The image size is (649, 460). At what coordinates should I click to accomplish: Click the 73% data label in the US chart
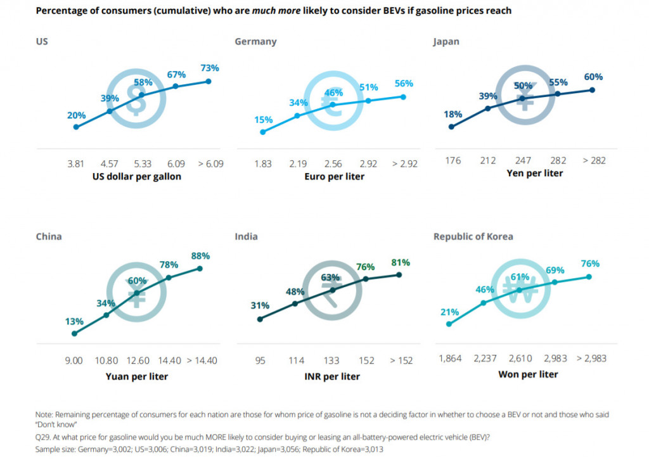coord(210,68)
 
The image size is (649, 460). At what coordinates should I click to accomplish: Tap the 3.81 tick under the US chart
coord(75,163)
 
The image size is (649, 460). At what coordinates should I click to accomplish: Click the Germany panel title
coord(255,42)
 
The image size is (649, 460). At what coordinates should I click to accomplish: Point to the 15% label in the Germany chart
coord(263,119)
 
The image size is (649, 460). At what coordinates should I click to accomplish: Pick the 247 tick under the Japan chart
coord(524,160)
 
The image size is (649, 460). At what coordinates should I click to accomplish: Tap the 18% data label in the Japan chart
coord(453,114)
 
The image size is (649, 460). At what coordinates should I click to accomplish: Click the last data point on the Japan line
coord(592,90)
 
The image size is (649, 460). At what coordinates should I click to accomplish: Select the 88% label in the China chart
coord(201,256)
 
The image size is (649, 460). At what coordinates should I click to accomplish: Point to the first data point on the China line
coord(74,333)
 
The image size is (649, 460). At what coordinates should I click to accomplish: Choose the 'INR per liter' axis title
coord(332,377)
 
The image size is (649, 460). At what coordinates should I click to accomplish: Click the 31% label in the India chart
coord(260,305)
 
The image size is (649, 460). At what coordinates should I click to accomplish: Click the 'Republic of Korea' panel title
coord(473,237)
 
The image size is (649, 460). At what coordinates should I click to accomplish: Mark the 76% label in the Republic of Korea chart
coord(589,264)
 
